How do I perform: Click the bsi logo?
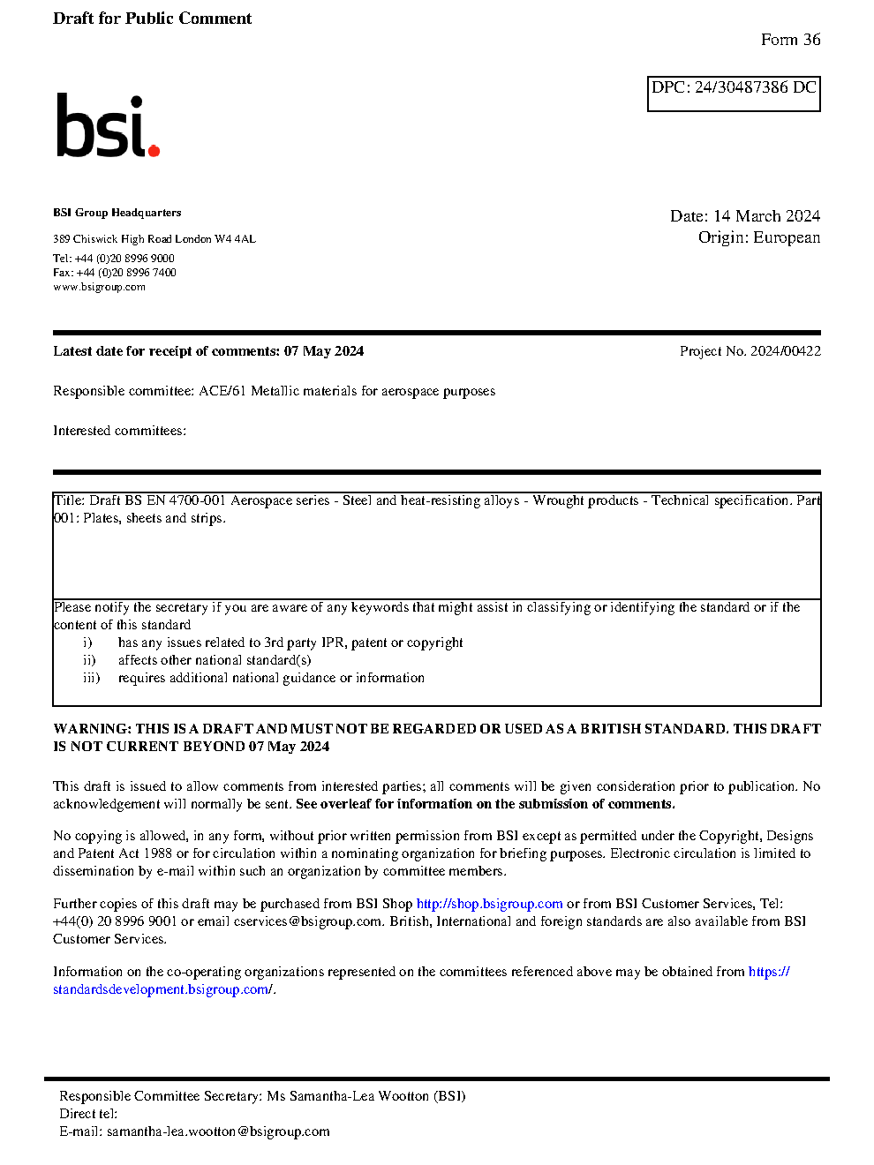pos(107,126)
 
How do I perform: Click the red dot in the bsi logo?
pos(154,151)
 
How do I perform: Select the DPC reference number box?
pos(734,94)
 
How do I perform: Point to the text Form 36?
pos(790,40)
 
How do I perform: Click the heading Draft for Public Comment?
pos(152,19)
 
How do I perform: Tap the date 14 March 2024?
pos(766,216)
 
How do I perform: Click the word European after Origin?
pos(787,237)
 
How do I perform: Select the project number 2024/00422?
pos(785,351)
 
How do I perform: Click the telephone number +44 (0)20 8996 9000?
pos(124,259)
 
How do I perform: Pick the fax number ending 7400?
pos(126,273)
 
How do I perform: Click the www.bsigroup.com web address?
pos(99,287)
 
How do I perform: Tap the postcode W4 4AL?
pos(235,239)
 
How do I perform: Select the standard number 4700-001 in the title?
pos(198,500)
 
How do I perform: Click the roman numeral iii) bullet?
pos(92,678)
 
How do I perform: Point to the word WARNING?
pos(92,729)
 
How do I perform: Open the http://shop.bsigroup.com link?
pos(489,904)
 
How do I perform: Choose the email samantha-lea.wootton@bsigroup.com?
pos(218,1131)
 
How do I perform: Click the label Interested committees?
pos(119,431)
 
